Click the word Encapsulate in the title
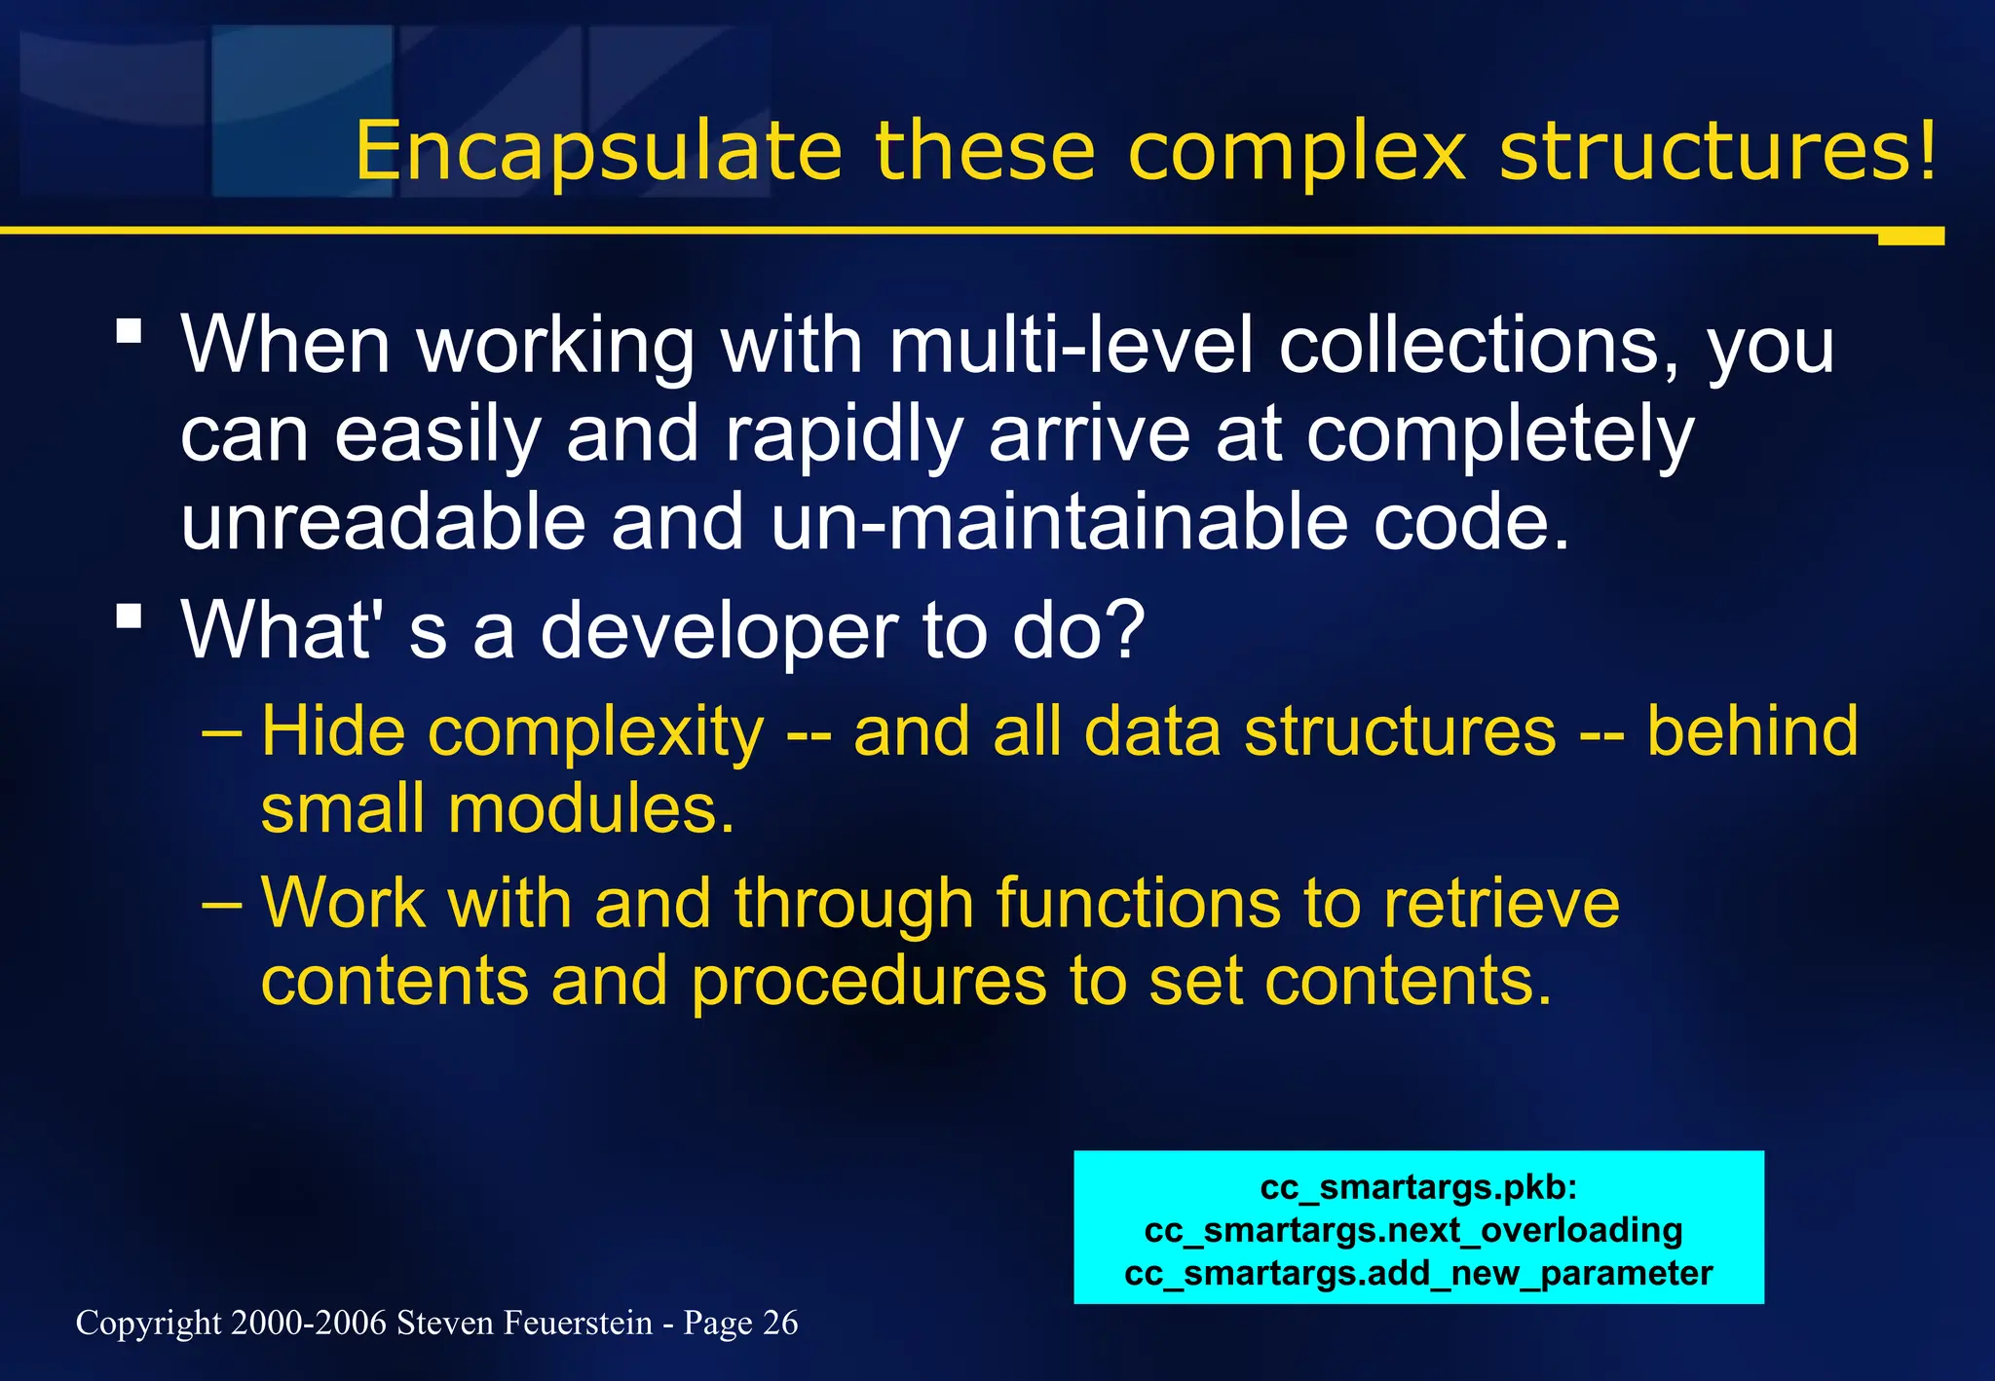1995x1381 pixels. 598,152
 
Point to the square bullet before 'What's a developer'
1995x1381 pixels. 129,616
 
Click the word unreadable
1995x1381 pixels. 382,523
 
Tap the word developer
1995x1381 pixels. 718,631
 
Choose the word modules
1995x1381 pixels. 590,809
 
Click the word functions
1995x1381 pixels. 1138,903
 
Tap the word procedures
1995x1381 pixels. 868,981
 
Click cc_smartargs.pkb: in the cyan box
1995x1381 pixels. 1418,1187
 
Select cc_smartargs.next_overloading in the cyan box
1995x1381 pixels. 1413,1230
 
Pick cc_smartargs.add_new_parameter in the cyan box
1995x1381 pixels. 1418,1273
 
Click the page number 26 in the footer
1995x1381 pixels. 780,1323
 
